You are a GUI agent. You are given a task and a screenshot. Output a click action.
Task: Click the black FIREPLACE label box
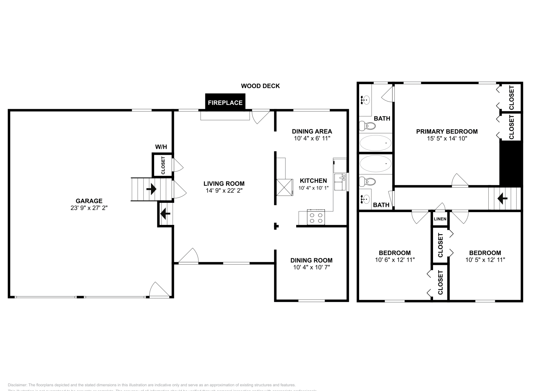click(x=225, y=103)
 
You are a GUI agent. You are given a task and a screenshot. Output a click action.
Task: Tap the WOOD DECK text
click(x=260, y=86)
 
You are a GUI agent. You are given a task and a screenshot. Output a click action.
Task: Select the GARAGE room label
click(x=89, y=201)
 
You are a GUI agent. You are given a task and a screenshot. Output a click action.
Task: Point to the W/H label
click(x=161, y=147)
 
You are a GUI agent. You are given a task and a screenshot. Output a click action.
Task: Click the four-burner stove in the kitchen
click(x=316, y=218)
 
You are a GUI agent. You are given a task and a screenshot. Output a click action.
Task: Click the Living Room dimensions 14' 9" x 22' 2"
click(x=224, y=191)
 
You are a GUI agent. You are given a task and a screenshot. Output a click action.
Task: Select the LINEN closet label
click(x=440, y=219)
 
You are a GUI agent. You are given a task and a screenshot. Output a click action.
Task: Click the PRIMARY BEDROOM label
click(x=447, y=131)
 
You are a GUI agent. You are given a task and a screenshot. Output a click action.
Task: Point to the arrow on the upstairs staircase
click(x=502, y=199)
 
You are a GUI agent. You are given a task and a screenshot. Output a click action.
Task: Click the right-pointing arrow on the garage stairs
click(x=151, y=189)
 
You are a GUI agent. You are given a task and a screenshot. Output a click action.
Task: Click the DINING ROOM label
click(x=311, y=260)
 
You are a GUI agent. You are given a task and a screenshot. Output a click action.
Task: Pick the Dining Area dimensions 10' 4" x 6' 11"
click(x=312, y=139)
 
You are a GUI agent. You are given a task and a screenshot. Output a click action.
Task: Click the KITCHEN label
click(x=313, y=181)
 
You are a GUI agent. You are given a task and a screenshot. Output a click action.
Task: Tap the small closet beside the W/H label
click(x=163, y=165)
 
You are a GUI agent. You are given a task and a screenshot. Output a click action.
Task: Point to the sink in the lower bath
click(x=365, y=199)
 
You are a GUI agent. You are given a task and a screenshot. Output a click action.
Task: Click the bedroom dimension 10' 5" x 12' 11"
click(x=485, y=260)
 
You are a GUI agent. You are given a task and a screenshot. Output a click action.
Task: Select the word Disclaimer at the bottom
click(x=17, y=385)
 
